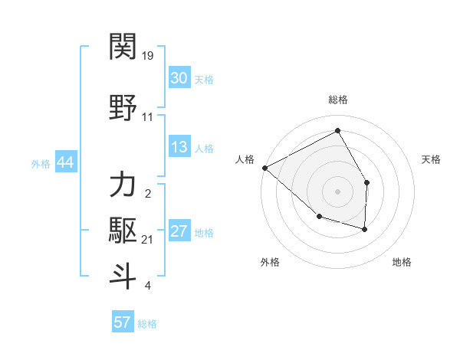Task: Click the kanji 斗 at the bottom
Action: [x=123, y=276]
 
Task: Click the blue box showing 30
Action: [x=179, y=78]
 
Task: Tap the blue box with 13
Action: [x=179, y=148]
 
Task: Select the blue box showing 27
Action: [x=179, y=232]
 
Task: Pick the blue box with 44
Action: [x=65, y=163]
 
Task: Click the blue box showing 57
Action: [x=122, y=322]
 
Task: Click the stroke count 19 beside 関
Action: [x=148, y=56]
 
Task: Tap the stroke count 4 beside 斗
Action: [x=148, y=286]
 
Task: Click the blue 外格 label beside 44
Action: [x=41, y=164]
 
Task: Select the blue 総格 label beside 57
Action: [x=147, y=323]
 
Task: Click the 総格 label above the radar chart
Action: [x=337, y=100]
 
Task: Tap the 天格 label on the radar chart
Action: [x=432, y=159]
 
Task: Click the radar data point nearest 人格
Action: [x=264, y=168]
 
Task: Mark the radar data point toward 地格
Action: [x=365, y=229]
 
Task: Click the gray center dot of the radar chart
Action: [x=337, y=191]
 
